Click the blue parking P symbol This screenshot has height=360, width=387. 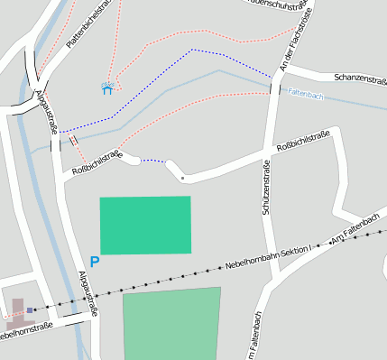click(95, 262)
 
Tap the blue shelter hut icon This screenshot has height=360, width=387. click(107, 88)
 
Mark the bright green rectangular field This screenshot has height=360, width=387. click(145, 225)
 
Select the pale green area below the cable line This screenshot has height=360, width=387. click(171, 324)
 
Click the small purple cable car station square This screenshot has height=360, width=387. click(30, 309)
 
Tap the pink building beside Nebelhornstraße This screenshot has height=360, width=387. click(16, 317)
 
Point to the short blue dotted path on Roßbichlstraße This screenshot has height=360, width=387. click(154, 162)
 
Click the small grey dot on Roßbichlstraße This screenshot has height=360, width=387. click(182, 178)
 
